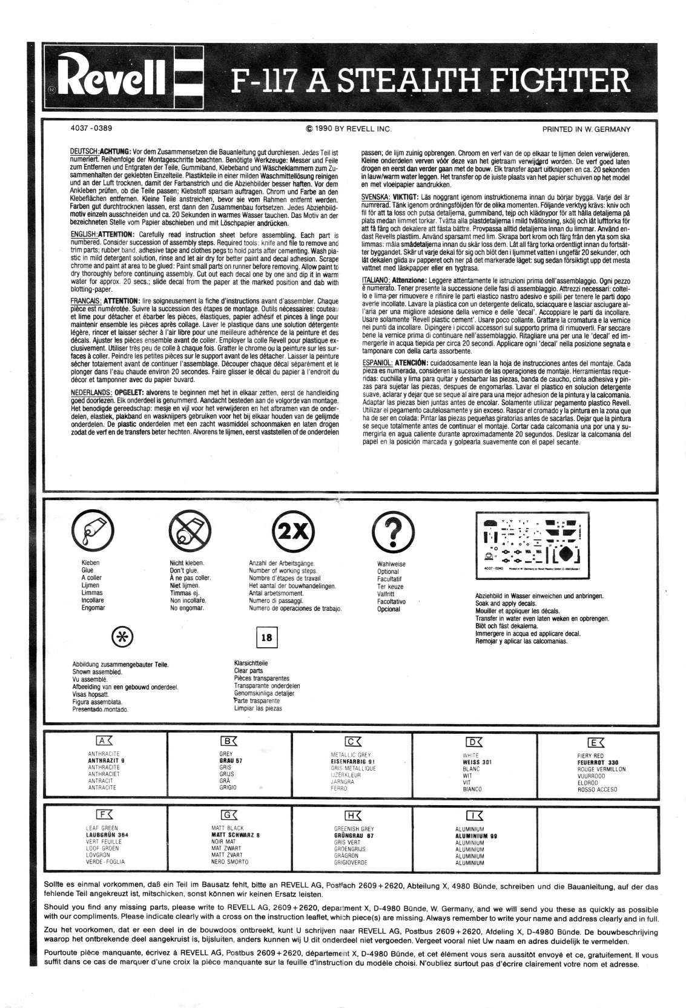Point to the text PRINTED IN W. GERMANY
tap(586, 129)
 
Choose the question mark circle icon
tap(391, 531)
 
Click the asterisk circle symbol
tap(123, 637)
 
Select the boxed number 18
tap(266, 637)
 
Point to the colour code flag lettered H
tap(352, 815)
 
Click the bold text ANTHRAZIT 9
tap(106, 760)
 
